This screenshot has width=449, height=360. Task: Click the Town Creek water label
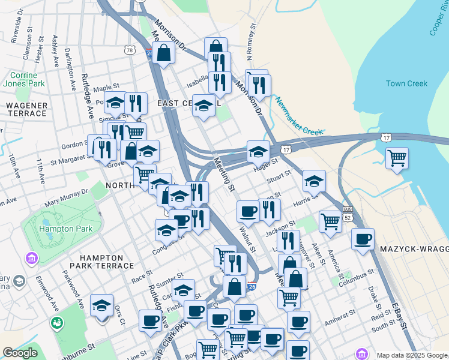[406, 83]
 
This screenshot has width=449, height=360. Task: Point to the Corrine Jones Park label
[23, 80]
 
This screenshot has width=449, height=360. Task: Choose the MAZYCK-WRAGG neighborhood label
[414, 248]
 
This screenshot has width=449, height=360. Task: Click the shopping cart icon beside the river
[397, 158]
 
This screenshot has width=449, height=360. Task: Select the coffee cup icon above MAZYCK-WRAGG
[363, 239]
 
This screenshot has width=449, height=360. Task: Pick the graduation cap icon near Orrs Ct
[102, 305]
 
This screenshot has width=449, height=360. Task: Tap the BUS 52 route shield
[347, 213]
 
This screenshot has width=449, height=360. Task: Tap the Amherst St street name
[338, 316]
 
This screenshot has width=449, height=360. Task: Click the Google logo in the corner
[20, 353]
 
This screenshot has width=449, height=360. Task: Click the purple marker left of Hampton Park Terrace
[31, 259]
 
